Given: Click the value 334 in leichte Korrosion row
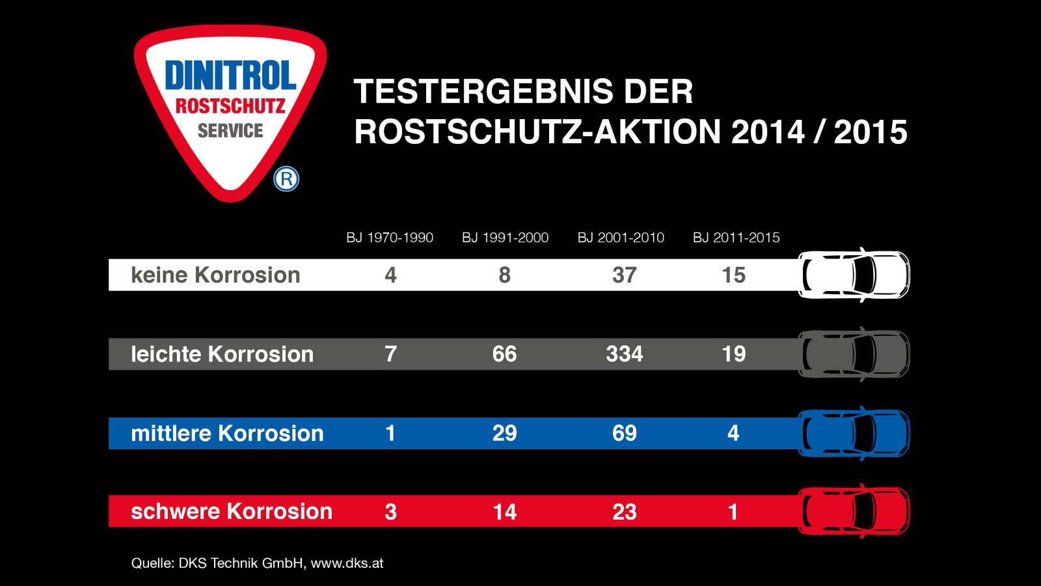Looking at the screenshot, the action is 624,354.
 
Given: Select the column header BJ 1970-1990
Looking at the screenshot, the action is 390,238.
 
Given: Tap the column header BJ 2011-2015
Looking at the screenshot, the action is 736,238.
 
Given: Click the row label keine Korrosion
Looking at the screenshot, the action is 215,275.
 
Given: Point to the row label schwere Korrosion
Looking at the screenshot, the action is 232,511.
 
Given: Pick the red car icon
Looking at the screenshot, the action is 854,511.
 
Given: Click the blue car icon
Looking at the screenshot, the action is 854,433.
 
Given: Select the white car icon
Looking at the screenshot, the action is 854,275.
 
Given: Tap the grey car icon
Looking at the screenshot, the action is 854,354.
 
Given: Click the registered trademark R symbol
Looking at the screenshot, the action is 286,179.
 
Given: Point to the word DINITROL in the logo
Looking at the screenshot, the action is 230,75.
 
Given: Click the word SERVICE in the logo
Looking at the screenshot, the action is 230,131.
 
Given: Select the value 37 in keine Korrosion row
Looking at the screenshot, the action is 624,275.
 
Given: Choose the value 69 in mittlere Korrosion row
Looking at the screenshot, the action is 624,433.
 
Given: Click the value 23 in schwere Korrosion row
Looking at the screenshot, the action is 624,512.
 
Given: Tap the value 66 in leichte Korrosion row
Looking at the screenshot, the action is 504,354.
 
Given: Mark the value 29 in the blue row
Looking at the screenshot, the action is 504,433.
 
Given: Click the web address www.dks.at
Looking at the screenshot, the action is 347,563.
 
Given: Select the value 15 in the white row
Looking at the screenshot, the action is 733,275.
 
